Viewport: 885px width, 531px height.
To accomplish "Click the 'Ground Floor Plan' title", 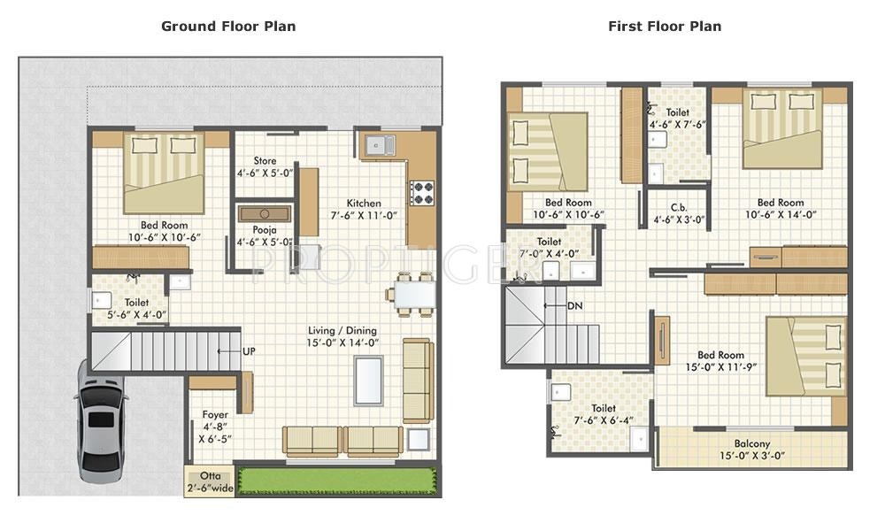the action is pos(228,26).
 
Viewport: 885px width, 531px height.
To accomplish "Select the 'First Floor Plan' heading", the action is pos(665,26).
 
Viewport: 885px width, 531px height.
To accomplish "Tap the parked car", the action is pos(100,421).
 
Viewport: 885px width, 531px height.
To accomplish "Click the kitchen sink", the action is pos(379,146).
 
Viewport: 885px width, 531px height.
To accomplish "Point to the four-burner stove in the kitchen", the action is pos(422,192).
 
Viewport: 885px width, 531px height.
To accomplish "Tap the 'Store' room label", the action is pos(265,161).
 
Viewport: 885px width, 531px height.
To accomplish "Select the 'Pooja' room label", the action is pos(264,230).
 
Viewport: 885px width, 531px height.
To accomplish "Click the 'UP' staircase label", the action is pos(249,351).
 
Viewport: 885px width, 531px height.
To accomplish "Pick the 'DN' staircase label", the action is pos(574,306).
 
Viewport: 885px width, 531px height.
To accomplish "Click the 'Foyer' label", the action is pos(215,415).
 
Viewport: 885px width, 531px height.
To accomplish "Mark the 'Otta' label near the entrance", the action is pos(211,476).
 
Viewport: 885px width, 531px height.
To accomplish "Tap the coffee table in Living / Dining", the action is pos(368,381).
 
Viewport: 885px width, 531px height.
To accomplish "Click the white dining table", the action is pos(415,294).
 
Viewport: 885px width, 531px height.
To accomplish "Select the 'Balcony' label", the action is pos(751,444).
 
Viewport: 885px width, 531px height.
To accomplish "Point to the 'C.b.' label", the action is pos(679,208).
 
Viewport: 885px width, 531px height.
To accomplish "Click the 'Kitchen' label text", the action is pos(364,204).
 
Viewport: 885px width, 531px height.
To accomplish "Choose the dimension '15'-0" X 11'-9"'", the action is pos(720,367).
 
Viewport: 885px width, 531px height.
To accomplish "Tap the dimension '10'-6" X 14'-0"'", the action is pos(781,214).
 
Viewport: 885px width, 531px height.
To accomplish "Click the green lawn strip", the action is pos(337,481).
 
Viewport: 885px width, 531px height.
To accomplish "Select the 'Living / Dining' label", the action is pos(342,331).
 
